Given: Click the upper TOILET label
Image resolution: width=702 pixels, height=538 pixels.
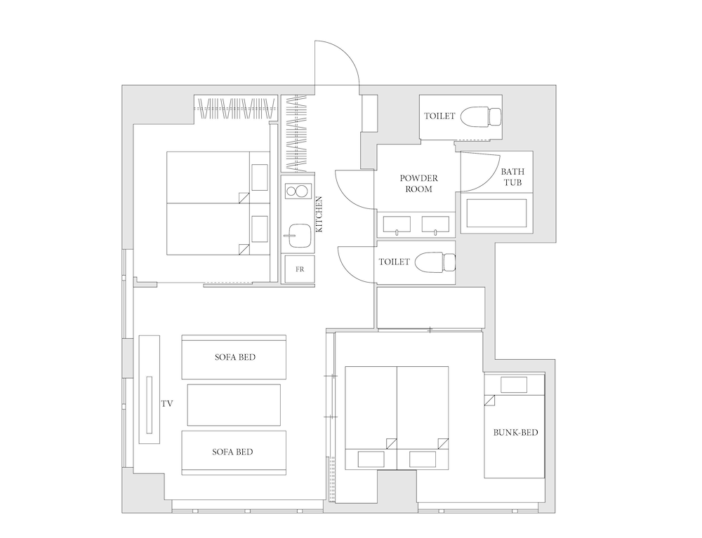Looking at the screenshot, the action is pos(439,116).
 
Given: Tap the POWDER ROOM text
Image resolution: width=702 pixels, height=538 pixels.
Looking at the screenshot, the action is pos(418,183).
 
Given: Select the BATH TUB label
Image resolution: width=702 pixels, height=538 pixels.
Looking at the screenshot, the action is pos(512,177).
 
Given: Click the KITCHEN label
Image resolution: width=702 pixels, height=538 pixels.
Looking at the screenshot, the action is pos(319,214).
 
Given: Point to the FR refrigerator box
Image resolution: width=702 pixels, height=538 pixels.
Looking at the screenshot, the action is pos(300,269).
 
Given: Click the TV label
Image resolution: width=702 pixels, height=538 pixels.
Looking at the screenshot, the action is pos(167,404).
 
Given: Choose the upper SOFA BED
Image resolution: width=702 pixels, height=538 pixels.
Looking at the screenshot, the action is pos(234,357).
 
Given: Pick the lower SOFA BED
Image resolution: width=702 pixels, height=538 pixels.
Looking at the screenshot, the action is pos(234,452).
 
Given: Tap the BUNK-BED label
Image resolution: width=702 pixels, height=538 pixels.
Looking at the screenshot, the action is pos(515,433).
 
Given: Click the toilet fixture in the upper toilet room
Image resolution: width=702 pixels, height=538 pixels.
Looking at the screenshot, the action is pos(481,116).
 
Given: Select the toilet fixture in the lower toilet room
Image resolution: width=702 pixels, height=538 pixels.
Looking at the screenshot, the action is pos(435,262).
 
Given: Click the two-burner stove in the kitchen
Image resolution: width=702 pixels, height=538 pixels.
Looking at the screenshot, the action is pos(296,191).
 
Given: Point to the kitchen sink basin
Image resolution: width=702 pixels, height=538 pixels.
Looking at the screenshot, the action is pos(298,235).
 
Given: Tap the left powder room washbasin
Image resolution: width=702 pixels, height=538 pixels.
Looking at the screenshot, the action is pos(397,224).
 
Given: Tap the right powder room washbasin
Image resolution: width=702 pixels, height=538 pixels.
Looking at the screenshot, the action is pos(436,224).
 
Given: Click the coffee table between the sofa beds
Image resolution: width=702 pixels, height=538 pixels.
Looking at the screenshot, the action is pos(234,405).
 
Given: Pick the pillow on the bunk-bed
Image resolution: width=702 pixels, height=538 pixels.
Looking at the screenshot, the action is pos(514,385).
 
